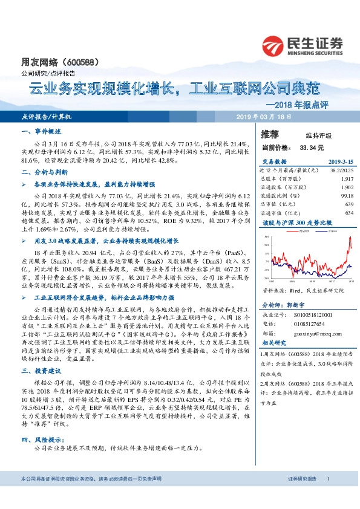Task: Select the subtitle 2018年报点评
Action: pos(312,104)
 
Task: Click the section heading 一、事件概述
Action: pos(41,131)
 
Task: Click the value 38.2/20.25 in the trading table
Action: pos(341,171)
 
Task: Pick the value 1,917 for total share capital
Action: pos(346,180)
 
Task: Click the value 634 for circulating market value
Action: pos(349,212)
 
